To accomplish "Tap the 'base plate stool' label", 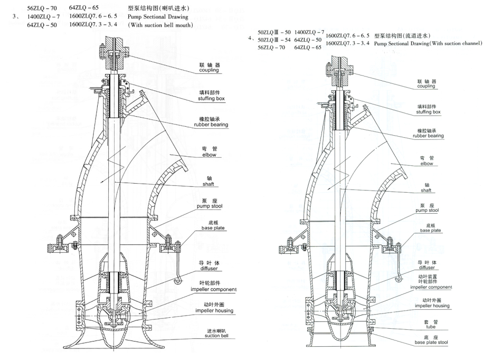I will click(x=428, y=342).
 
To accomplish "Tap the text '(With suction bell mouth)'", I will click(x=160, y=25).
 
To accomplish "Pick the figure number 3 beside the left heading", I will click(x=14, y=17).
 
